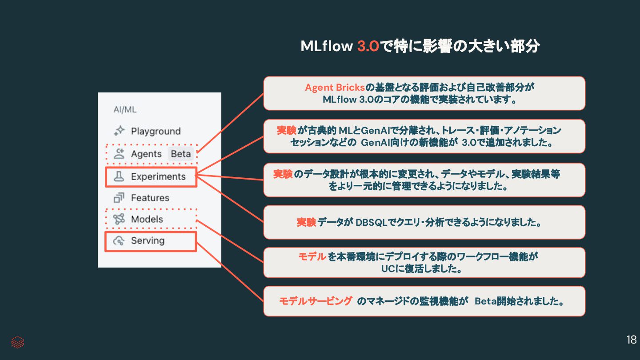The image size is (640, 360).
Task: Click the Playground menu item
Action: point(156,131)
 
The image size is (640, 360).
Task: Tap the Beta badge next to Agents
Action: point(181,154)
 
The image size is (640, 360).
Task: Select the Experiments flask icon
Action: point(119,176)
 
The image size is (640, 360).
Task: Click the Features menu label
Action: point(150,198)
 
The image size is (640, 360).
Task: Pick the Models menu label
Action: point(147,219)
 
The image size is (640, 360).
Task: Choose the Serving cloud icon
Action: point(119,241)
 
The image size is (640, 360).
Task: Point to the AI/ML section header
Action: point(125,109)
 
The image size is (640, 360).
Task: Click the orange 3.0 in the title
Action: point(368,46)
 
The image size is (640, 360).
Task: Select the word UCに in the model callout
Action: point(392,269)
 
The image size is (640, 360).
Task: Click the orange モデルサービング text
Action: point(316,301)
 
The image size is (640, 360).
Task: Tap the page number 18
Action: point(631,340)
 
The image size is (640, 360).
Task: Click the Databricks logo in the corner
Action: point(18,342)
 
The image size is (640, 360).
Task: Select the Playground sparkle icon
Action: point(119,131)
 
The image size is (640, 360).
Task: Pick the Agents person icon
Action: point(119,154)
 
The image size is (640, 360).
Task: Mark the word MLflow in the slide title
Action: point(327,46)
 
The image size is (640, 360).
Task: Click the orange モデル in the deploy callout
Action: point(312,257)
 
